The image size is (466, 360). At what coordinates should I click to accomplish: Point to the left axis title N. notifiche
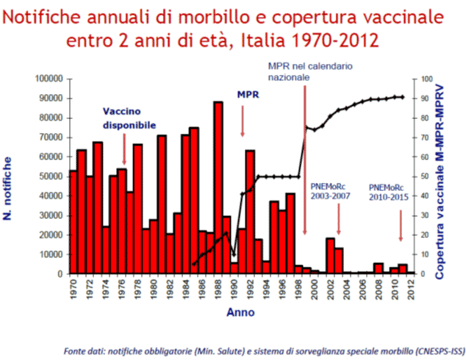tap(16, 176)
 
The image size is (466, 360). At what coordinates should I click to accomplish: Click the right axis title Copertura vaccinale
tap(449, 176)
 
